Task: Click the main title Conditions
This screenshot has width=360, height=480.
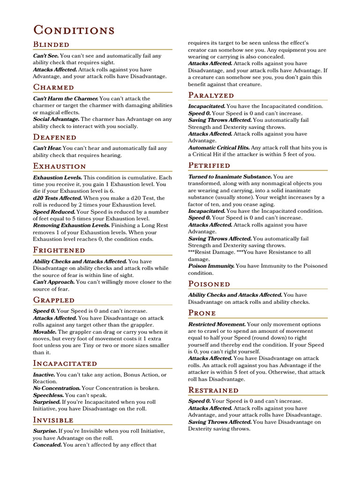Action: [x=74, y=30]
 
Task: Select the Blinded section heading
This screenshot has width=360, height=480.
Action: [x=51, y=45]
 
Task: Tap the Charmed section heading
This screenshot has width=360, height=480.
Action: [x=53, y=87]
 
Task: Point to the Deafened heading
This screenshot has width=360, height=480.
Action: [x=54, y=137]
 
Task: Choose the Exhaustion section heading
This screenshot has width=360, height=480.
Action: [x=60, y=166]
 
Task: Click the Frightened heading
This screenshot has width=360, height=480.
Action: [x=59, y=250]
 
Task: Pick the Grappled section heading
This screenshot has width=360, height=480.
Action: [x=53, y=300]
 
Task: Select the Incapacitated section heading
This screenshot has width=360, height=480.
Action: [x=65, y=364]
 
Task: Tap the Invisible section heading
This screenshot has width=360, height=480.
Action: [x=53, y=420]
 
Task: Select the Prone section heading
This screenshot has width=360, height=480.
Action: [x=202, y=313]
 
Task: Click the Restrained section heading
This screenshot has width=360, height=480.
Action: [x=213, y=390]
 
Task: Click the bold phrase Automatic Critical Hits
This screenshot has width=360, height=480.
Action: [x=218, y=148]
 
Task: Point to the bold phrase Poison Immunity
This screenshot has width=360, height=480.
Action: [x=211, y=266]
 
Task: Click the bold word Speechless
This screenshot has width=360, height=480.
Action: [x=48, y=395]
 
